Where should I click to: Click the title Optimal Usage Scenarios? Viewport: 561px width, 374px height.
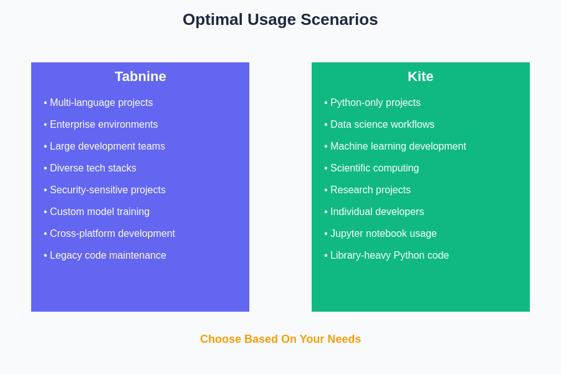(280, 19)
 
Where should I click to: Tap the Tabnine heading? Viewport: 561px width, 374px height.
(140, 76)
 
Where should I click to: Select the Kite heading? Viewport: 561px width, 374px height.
(420, 76)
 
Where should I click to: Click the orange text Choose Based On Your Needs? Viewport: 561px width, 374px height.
(280, 339)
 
